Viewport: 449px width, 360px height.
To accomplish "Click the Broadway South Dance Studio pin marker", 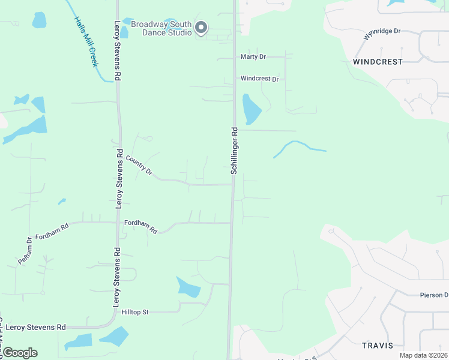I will [202, 28].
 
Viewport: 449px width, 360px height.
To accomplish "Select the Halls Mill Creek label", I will [85, 41].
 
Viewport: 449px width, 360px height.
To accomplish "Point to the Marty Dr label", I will [253, 57].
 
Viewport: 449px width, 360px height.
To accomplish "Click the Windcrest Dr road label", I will [259, 79].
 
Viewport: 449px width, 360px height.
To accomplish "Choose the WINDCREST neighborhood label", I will [378, 62].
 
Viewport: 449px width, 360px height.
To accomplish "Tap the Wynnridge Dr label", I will [382, 34].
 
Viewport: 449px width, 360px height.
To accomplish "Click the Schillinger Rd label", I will [235, 150].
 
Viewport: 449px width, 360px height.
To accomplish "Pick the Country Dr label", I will [139, 166].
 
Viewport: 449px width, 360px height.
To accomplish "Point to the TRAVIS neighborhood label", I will [378, 345].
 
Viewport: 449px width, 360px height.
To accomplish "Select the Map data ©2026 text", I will [423, 355].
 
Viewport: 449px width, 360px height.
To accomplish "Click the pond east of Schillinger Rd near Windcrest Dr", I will [250, 109].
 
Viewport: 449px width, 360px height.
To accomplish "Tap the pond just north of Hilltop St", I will [188, 287].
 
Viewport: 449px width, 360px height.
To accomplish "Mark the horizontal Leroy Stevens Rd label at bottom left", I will [36, 327].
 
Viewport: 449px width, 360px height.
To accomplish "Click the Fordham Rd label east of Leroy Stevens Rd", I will [140, 226].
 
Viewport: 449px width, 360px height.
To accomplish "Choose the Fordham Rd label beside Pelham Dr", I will [52, 229].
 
